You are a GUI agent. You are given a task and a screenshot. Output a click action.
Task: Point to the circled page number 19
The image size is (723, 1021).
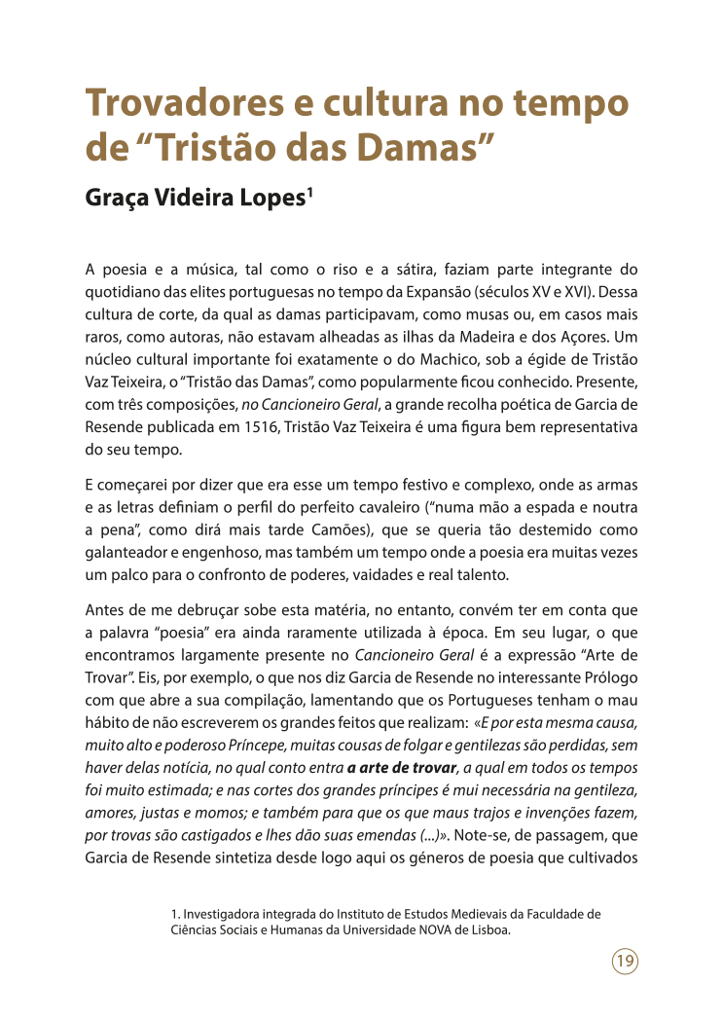pos(625,962)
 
